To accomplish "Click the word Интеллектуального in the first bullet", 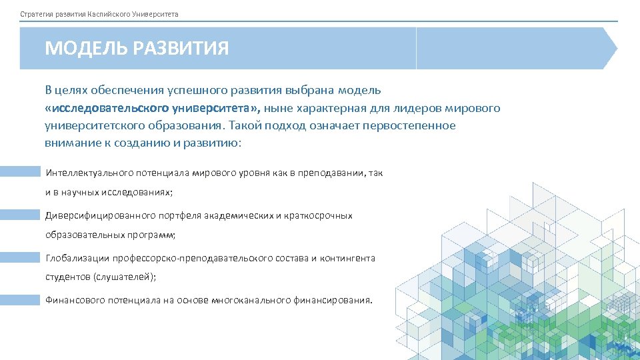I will point(89,173).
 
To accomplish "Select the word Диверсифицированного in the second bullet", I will point(99,215).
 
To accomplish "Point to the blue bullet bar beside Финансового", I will point(20,300).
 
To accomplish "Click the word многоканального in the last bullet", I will point(251,301).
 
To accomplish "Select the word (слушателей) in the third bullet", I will point(124,277).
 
